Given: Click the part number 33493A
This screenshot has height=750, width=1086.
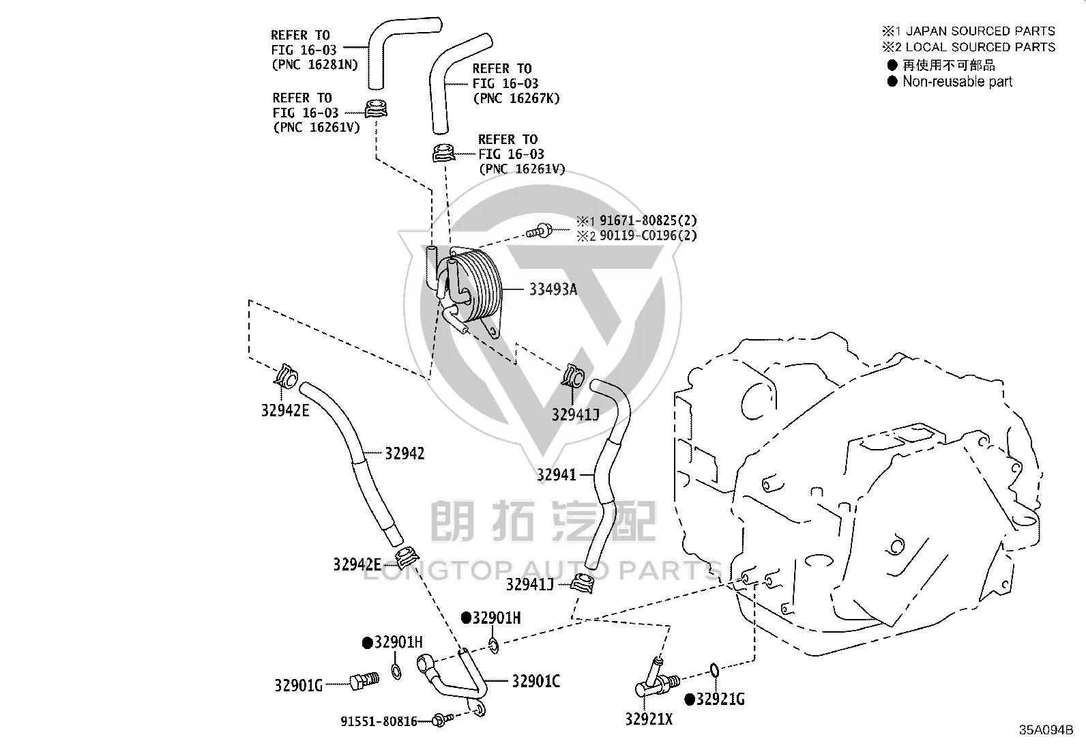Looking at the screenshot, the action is pos(553,289).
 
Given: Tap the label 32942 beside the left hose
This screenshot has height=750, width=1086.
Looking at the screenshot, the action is pos(405,454).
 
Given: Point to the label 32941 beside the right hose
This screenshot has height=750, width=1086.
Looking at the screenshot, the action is pos(557,474).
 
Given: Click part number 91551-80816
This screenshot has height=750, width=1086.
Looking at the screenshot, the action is pos(379,721).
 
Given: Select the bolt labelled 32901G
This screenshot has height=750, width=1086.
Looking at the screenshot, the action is pos(364,680).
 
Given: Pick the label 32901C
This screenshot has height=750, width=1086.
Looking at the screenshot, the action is pos(535,682).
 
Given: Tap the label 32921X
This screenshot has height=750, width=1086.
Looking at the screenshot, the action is pos(649,719).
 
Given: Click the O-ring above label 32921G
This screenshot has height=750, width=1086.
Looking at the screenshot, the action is pos(714,670).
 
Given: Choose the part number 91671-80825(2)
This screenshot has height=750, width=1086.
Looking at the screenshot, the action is pos(648,220).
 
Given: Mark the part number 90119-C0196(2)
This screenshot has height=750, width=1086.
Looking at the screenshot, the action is pos(648,235).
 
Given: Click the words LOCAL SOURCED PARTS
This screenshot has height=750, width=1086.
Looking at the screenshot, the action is pos(980,47).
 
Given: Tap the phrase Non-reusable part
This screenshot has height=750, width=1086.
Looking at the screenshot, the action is pos(958,81).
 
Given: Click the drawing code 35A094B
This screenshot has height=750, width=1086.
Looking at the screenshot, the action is pos(1046,730).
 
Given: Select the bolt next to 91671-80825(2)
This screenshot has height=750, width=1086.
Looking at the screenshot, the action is pos(540,231).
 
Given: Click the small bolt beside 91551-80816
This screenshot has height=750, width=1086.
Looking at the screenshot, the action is pos(442,719).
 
